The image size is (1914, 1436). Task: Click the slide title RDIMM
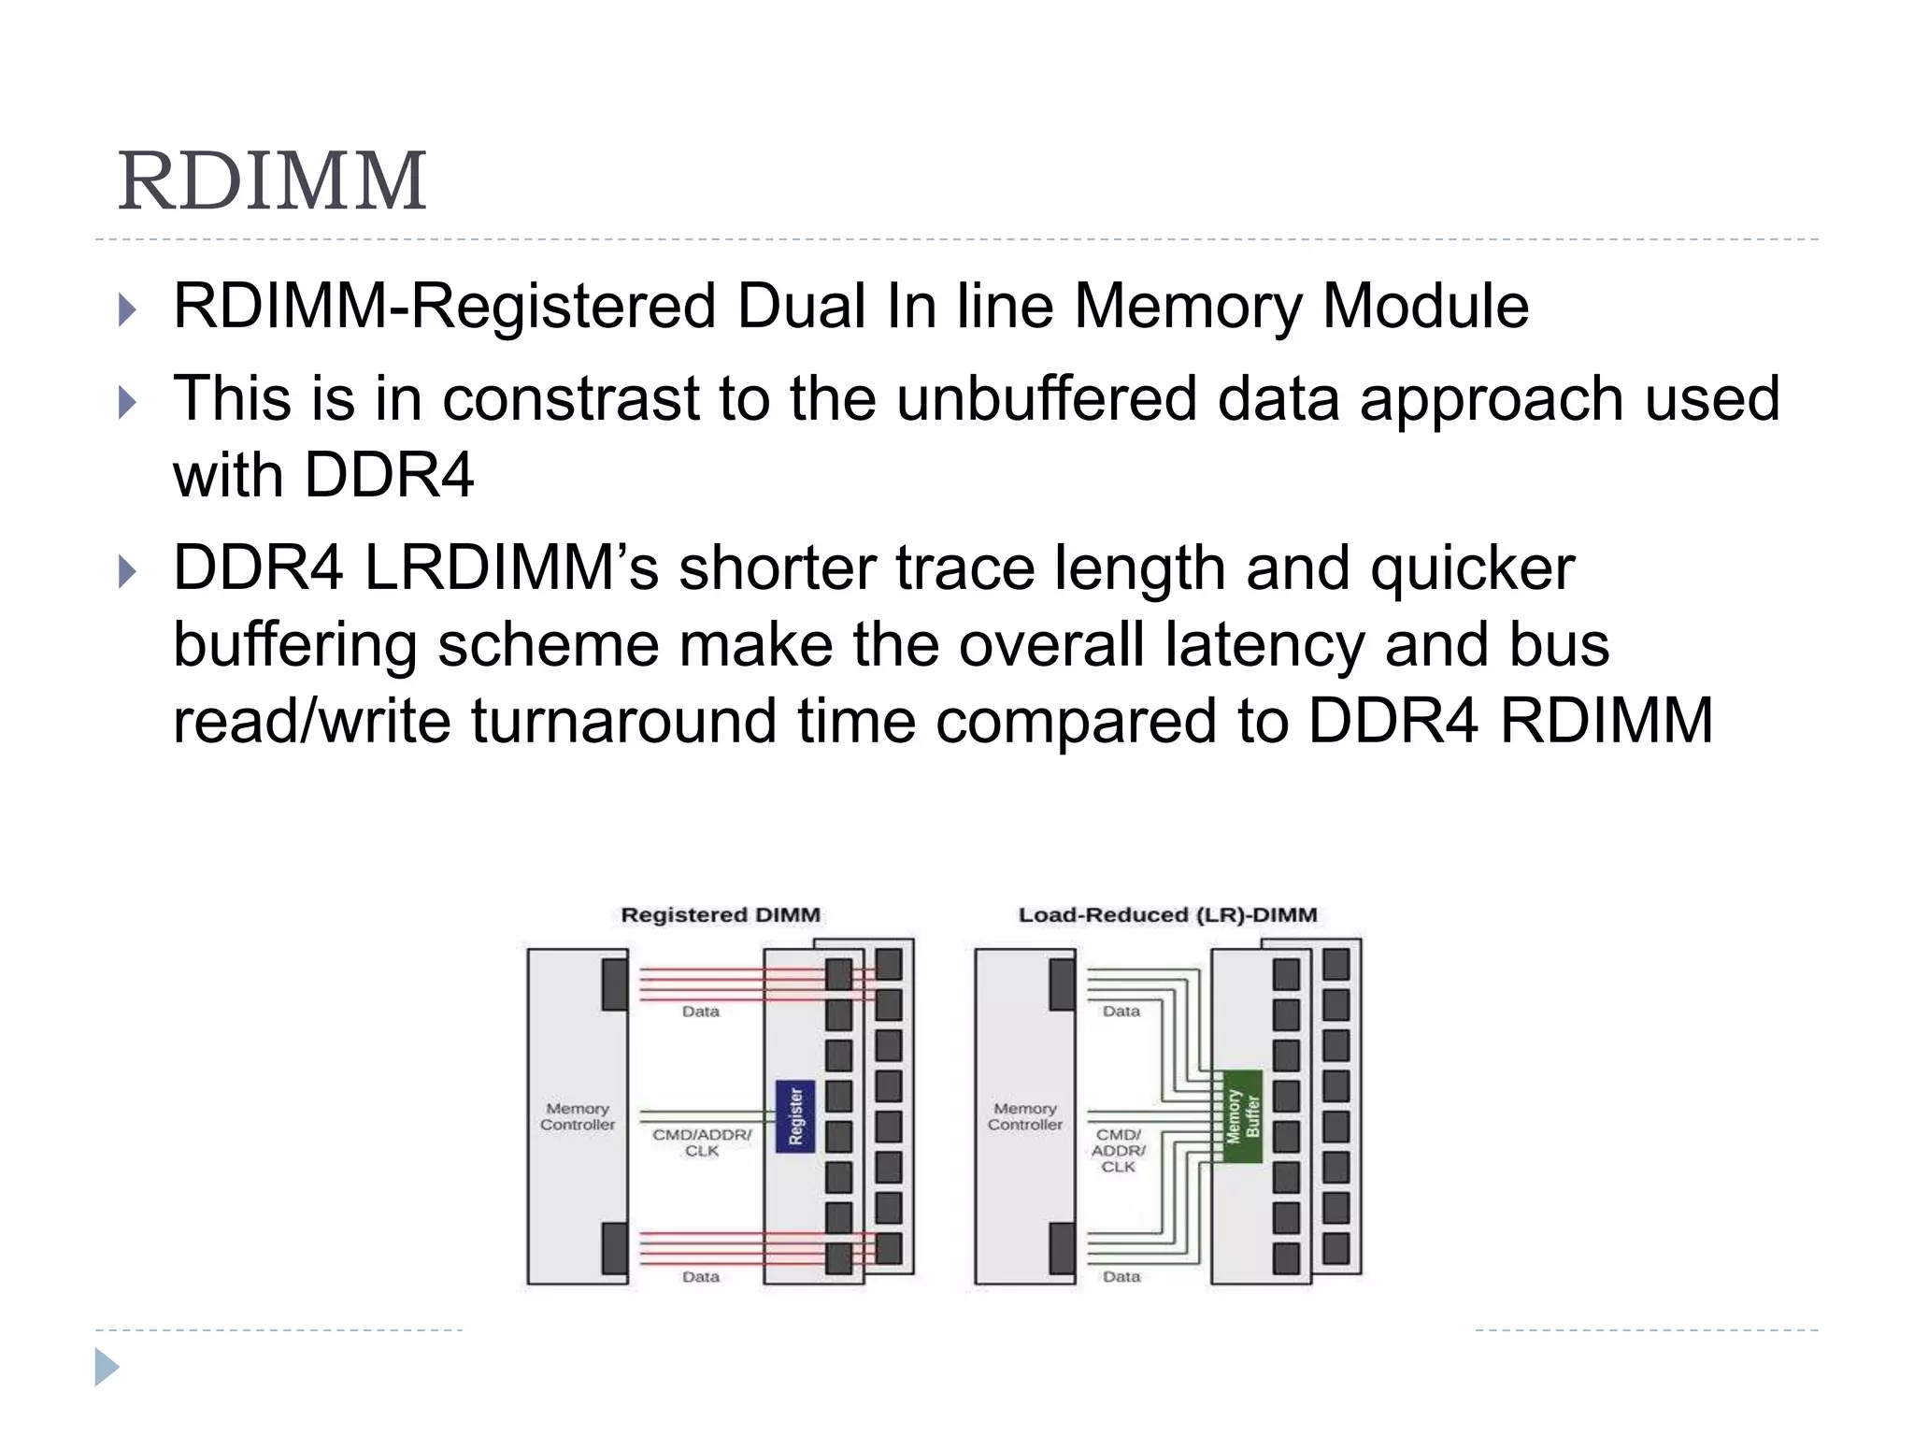pos(272,181)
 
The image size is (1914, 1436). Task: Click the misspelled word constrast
pos(570,399)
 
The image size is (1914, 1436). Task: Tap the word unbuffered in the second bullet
pos(1047,399)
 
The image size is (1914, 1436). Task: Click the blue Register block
pos(795,1116)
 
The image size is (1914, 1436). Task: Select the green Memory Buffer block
pos(1242,1116)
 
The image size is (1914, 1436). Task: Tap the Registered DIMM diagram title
pos(721,915)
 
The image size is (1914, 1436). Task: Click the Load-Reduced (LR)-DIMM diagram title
pos(1167,915)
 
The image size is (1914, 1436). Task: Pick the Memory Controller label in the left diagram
pos(578,1116)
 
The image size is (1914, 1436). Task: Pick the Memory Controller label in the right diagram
pos(1024,1116)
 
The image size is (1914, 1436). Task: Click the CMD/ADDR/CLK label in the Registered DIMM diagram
pos(702,1142)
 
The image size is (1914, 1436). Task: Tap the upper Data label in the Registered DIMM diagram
pos(701,1012)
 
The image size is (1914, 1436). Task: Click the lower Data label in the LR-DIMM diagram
pos(1121,1277)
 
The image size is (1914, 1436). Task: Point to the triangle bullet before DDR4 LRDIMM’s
pos(128,571)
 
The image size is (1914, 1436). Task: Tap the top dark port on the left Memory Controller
pos(614,984)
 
